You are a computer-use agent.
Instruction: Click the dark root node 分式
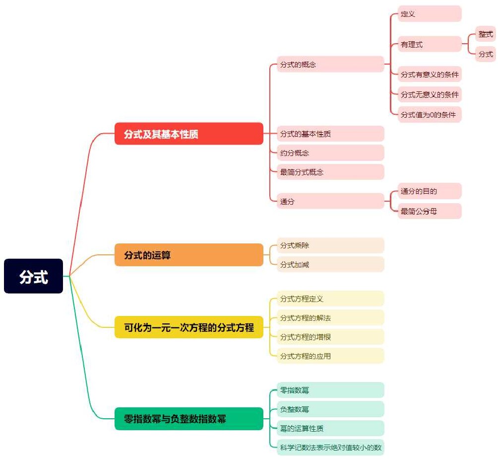point(33,276)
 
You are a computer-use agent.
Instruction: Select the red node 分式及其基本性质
point(189,134)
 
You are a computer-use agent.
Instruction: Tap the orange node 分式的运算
point(189,255)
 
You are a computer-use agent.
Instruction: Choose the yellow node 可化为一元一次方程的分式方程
point(189,327)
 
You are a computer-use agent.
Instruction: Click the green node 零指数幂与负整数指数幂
point(189,419)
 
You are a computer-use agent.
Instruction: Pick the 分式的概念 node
point(330,64)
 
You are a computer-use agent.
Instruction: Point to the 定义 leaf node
point(430,14)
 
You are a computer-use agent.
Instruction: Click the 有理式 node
point(430,44)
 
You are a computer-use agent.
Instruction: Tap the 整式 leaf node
point(486,34)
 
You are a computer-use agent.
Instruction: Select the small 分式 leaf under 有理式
point(486,54)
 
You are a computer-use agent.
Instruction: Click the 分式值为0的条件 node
point(430,115)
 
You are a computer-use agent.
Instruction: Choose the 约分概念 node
point(330,153)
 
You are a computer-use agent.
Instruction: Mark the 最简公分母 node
point(430,211)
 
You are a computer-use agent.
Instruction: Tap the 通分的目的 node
point(430,191)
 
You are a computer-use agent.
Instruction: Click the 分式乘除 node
point(330,245)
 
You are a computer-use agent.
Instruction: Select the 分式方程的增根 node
point(330,337)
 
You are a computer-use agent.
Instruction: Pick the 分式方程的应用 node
point(330,356)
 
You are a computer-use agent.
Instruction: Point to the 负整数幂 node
point(330,409)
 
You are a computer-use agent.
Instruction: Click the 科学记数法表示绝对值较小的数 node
point(330,447)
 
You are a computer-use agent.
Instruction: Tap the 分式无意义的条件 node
point(430,94)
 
